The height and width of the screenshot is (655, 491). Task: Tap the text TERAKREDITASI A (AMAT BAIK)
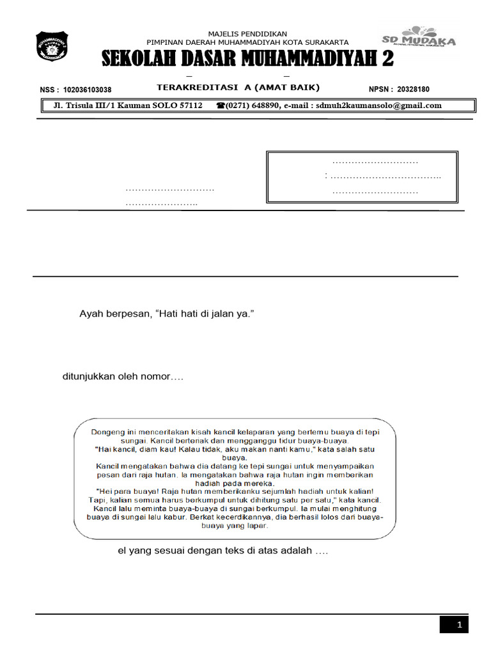pos(238,87)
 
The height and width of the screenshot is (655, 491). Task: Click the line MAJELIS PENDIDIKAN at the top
pos(248,34)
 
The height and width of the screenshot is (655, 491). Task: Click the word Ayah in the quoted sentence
pos(90,313)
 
